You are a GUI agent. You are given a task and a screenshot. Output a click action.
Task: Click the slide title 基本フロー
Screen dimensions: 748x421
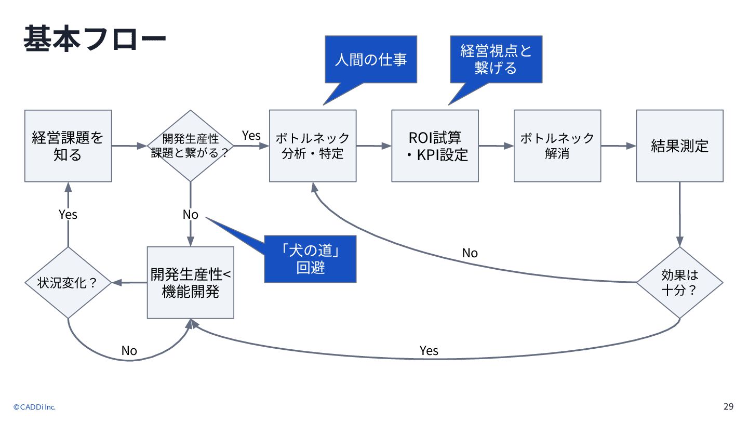point(95,38)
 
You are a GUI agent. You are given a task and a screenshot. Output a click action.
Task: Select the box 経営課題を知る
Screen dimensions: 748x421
point(68,146)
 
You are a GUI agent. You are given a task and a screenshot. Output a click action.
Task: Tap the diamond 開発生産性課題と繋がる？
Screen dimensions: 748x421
point(190,146)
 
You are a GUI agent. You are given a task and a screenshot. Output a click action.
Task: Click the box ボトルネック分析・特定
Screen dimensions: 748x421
point(313,146)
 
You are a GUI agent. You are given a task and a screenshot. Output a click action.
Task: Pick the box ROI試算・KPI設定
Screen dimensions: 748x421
point(435,146)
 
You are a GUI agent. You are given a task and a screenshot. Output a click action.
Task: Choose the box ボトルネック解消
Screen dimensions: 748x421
point(557,146)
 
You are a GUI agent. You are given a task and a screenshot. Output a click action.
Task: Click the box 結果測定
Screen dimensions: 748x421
point(679,146)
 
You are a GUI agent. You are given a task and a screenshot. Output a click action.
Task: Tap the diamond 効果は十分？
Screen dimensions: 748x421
point(679,283)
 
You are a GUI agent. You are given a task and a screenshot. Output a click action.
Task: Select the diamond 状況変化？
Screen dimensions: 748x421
point(68,283)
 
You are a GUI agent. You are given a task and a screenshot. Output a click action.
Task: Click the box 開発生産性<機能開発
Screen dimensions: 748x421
point(190,283)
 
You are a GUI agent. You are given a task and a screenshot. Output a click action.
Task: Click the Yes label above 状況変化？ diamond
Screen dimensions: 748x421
point(68,215)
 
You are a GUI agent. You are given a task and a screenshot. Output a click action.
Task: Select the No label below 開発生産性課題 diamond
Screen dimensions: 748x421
point(190,215)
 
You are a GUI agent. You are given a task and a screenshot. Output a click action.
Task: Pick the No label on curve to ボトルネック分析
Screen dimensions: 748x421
point(470,253)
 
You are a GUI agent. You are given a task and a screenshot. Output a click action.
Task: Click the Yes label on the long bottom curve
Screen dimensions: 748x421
point(429,350)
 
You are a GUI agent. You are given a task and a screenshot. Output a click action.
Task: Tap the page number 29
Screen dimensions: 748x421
point(729,406)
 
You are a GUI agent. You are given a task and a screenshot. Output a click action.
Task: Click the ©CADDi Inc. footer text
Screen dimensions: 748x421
point(34,407)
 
